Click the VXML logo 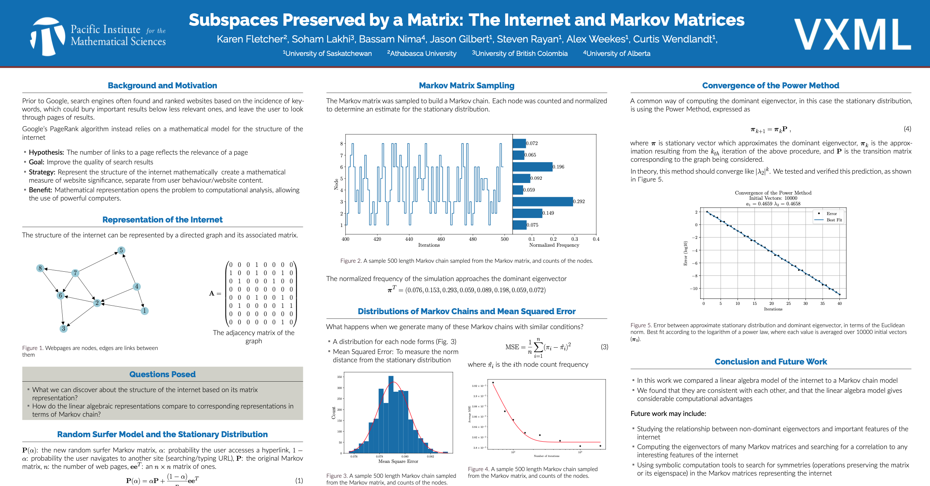[852, 35]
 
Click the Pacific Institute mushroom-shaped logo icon [48, 37]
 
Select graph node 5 [121, 250]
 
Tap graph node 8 [40, 268]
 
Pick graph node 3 [64, 328]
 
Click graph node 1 [145, 310]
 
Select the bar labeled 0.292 [542, 202]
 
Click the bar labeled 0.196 [532, 167]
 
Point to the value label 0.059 [529, 190]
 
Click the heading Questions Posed [162, 374]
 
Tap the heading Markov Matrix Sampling [466, 85]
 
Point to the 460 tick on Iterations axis [441, 239]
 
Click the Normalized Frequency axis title [554, 245]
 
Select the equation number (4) [907, 129]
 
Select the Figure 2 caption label [350, 261]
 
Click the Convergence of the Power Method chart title [773, 193]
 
